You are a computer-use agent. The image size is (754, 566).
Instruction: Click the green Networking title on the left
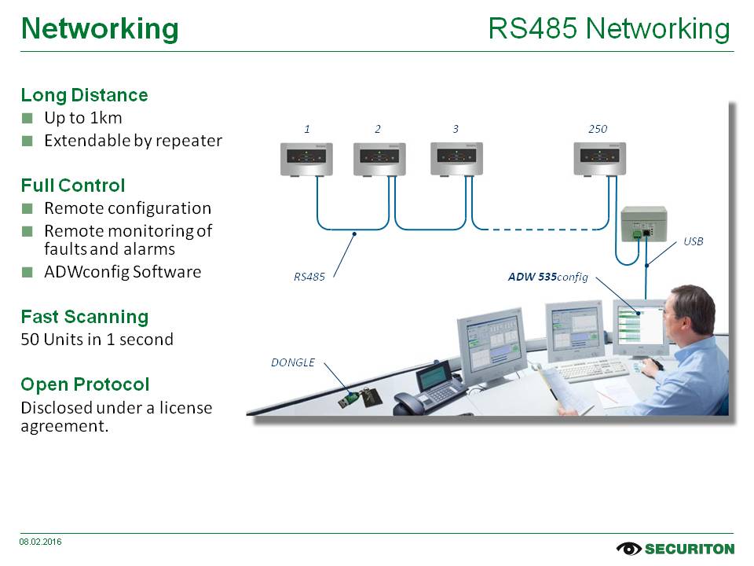(x=100, y=29)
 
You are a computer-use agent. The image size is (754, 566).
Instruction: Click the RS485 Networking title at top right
(x=609, y=29)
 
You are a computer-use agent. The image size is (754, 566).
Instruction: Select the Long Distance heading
(x=84, y=95)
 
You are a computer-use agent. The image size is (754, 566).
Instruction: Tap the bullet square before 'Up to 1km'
(x=27, y=119)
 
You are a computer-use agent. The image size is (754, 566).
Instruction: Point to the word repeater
(x=192, y=141)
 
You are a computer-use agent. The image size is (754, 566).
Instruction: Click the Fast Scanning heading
(x=84, y=317)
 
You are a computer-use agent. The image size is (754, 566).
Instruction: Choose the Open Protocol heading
(x=84, y=384)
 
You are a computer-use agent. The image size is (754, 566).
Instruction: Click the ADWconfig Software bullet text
(x=123, y=272)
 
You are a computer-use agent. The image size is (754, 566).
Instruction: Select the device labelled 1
(x=307, y=159)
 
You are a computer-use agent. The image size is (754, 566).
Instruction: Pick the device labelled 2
(x=379, y=159)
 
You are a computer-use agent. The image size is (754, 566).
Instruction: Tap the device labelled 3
(x=456, y=158)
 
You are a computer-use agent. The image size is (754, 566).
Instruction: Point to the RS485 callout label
(x=309, y=277)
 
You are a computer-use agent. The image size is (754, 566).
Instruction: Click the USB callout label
(x=694, y=241)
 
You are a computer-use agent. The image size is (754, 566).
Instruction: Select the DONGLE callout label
(x=293, y=362)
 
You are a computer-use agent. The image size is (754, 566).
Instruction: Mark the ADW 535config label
(x=547, y=277)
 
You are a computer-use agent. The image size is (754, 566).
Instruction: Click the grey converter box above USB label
(x=643, y=223)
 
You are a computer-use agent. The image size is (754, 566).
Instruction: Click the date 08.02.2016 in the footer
(x=41, y=542)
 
